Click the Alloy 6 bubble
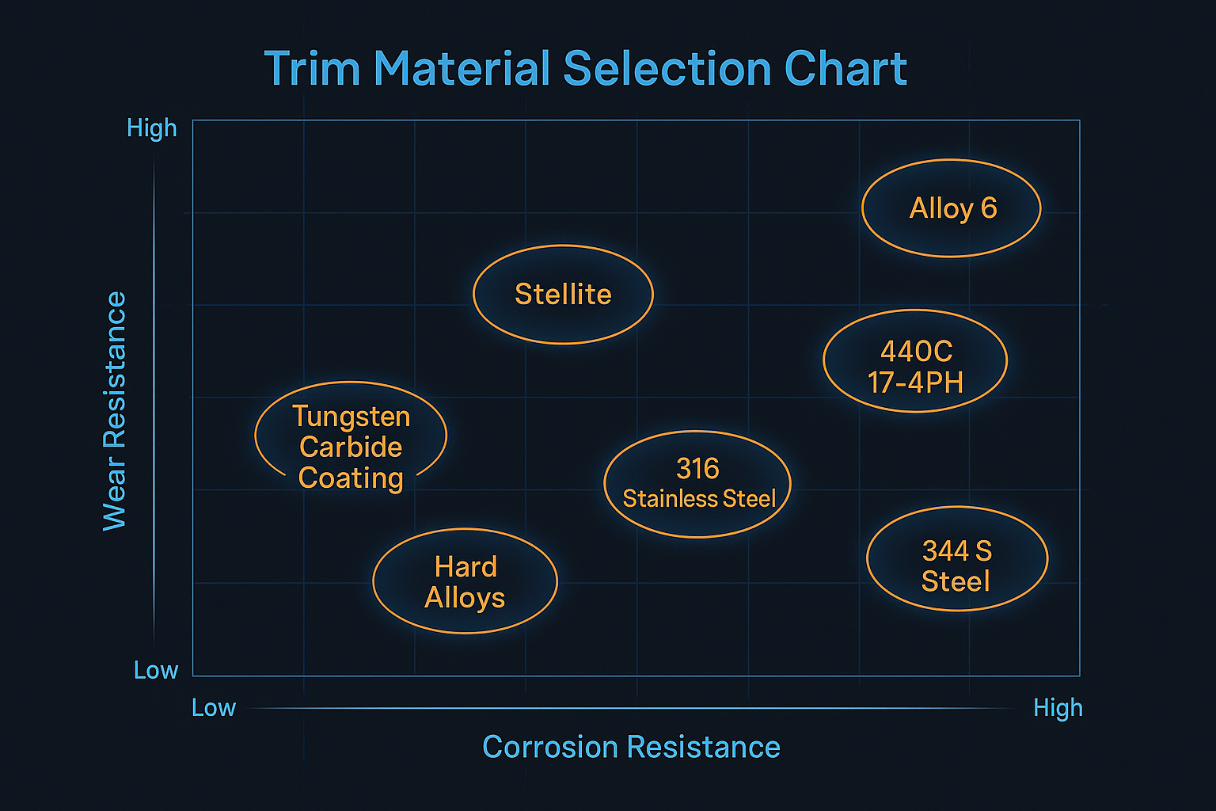(951, 208)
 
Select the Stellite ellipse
(563, 295)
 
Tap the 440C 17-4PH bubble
(915, 361)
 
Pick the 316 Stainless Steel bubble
(697, 484)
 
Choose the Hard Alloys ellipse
(465, 581)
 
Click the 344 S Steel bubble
(957, 558)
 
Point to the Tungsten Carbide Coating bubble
(351, 435)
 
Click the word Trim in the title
(313, 68)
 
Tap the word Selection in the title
(667, 68)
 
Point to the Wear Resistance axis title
(115, 411)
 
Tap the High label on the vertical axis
(152, 129)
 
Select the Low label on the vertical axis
(156, 670)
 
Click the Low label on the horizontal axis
(214, 708)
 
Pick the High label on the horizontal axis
(1058, 708)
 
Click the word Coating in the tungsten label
(351, 478)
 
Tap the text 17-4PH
(915, 383)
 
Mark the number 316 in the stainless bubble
(697, 468)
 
